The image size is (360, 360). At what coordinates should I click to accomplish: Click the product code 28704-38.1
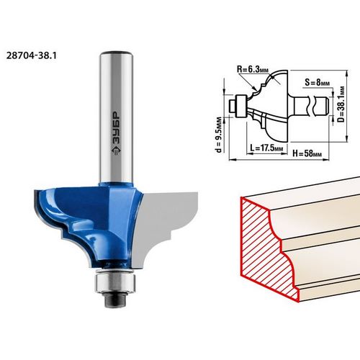pos(32,55)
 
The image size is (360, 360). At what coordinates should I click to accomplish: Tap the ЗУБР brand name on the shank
pos(117,129)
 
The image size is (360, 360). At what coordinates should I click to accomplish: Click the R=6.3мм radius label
pos(253,69)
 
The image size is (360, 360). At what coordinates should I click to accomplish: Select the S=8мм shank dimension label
pos(318,82)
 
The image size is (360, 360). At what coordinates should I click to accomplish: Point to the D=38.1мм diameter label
pos(341,104)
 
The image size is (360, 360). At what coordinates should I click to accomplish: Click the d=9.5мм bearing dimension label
pos(219,135)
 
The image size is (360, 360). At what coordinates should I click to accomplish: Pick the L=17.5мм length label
pos(266,148)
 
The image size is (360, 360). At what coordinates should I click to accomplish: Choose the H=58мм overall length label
pos(307,153)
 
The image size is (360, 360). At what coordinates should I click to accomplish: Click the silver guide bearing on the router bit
pos(115,282)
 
